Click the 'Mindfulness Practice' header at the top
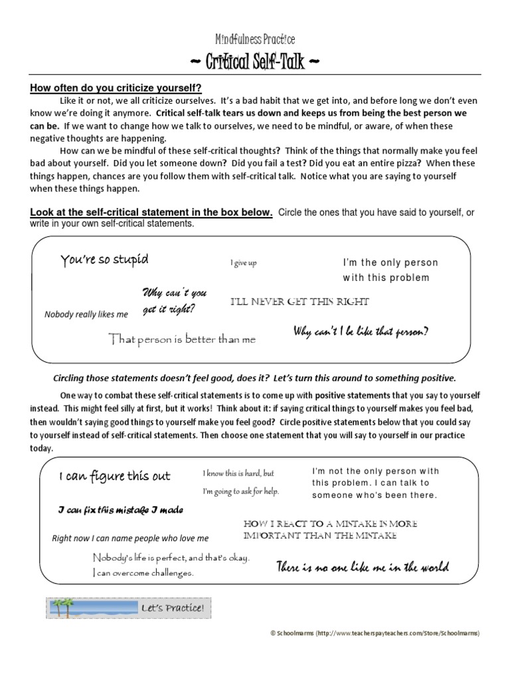255,40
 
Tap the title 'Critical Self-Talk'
255,64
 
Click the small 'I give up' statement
244,263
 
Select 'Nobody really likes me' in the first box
86,314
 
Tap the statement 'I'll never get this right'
299,301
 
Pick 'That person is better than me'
182,339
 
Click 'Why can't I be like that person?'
361,331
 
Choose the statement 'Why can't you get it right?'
175,301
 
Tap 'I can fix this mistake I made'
120,509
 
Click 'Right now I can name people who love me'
130,538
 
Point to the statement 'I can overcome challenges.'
143,572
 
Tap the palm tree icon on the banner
64,607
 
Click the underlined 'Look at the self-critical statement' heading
151,212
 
